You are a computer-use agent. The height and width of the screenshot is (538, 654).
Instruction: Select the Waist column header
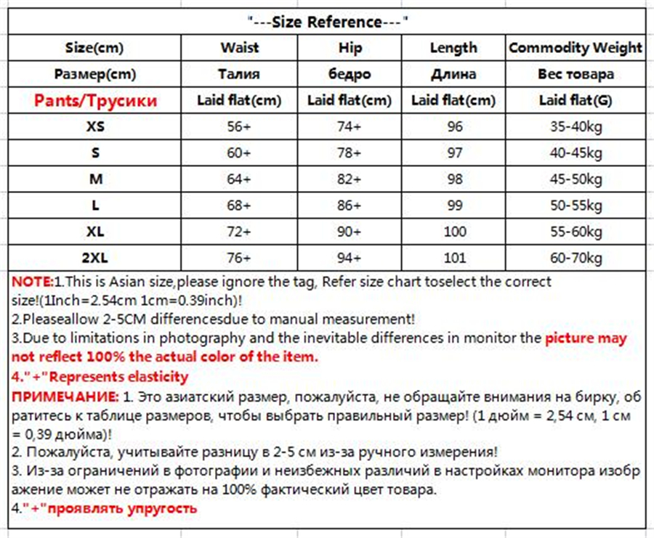tap(239, 48)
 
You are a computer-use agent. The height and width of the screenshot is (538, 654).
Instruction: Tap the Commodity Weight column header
tap(576, 48)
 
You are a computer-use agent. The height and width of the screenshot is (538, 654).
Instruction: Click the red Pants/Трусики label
tap(95, 100)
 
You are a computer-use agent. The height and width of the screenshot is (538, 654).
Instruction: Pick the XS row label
tap(95, 126)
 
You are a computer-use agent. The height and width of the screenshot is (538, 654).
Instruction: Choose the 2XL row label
tap(95, 257)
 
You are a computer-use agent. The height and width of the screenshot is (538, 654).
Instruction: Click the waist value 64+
tap(239, 179)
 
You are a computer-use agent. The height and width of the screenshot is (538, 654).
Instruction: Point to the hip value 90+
tap(349, 231)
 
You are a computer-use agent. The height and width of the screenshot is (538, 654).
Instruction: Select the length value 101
tap(454, 257)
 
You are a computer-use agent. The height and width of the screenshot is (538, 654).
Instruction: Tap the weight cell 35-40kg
tap(576, 126)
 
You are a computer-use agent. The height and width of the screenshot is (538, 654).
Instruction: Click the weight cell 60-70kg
tap(576, 257)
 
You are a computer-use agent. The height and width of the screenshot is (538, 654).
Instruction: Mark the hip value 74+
tap(349, 126)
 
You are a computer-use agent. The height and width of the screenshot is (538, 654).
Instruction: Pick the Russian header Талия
tap(239, 74)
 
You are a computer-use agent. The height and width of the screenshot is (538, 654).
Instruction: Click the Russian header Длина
tap(454, 74)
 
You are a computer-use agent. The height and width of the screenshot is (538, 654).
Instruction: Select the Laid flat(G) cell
tap(576, 100)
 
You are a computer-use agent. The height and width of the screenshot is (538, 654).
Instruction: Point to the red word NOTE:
tap(33, 282)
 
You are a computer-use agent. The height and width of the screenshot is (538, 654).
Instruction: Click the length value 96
tap(454, 126)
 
